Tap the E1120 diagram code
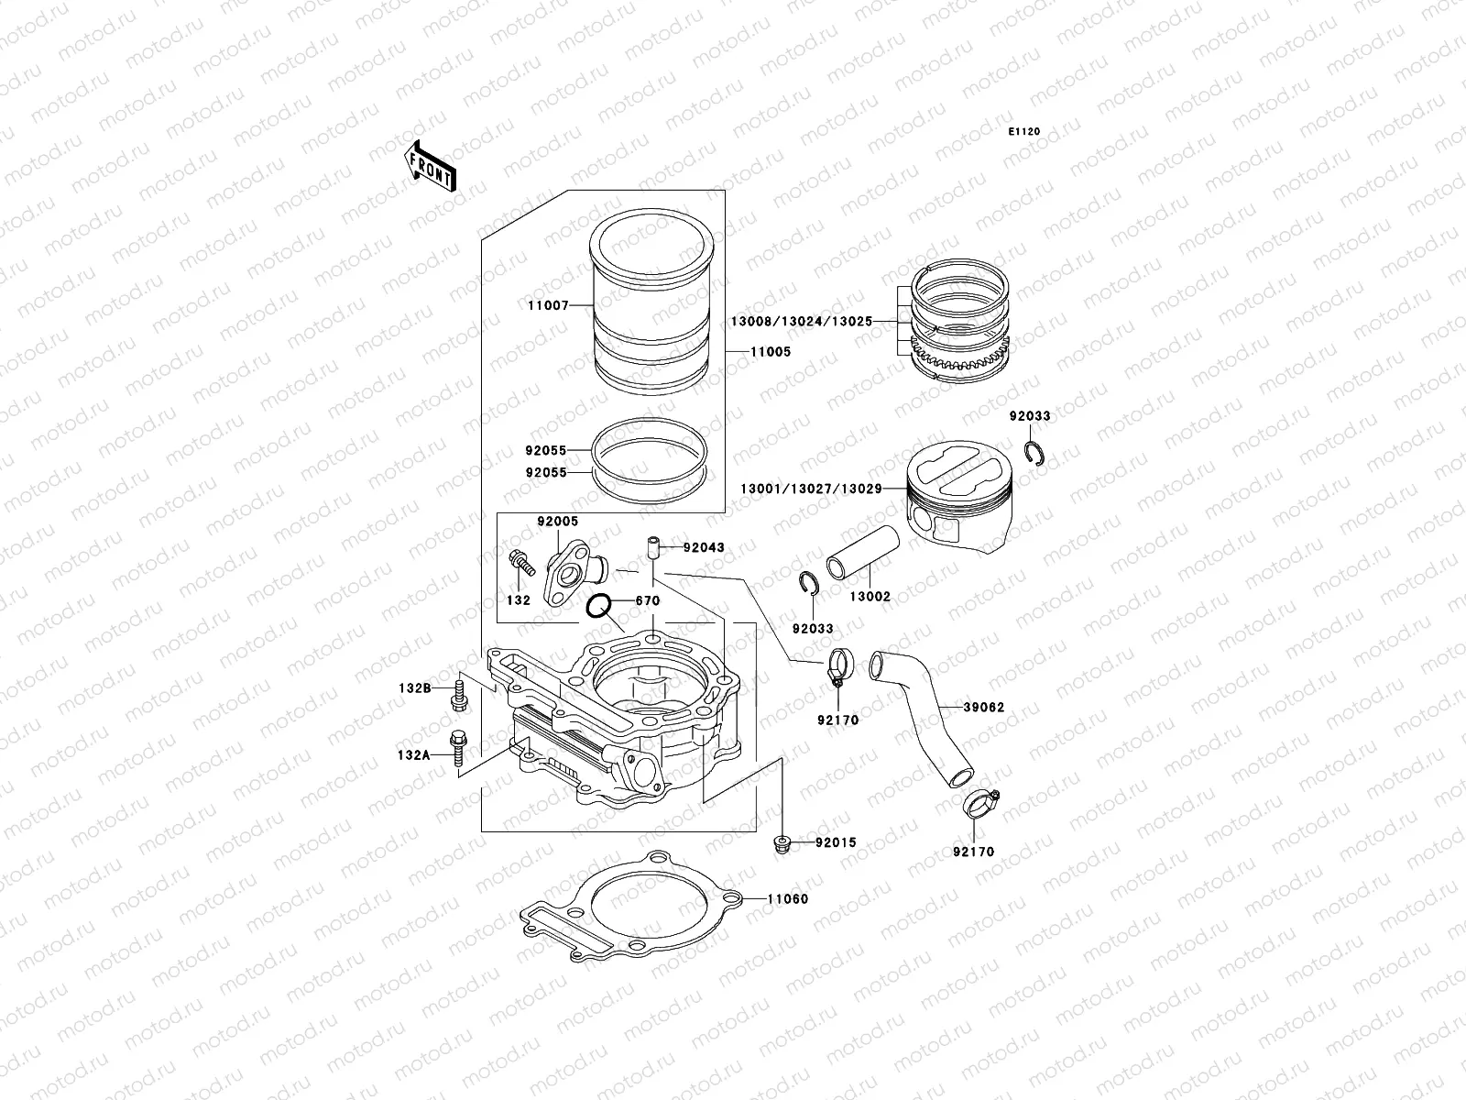pos(1025,132)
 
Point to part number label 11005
pos(771,351)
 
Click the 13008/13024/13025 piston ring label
pos(801,322)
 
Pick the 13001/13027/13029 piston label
pos(811,489)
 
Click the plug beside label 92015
pos(782,841)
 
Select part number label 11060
pos(788,899)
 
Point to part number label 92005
pos(558,521)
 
